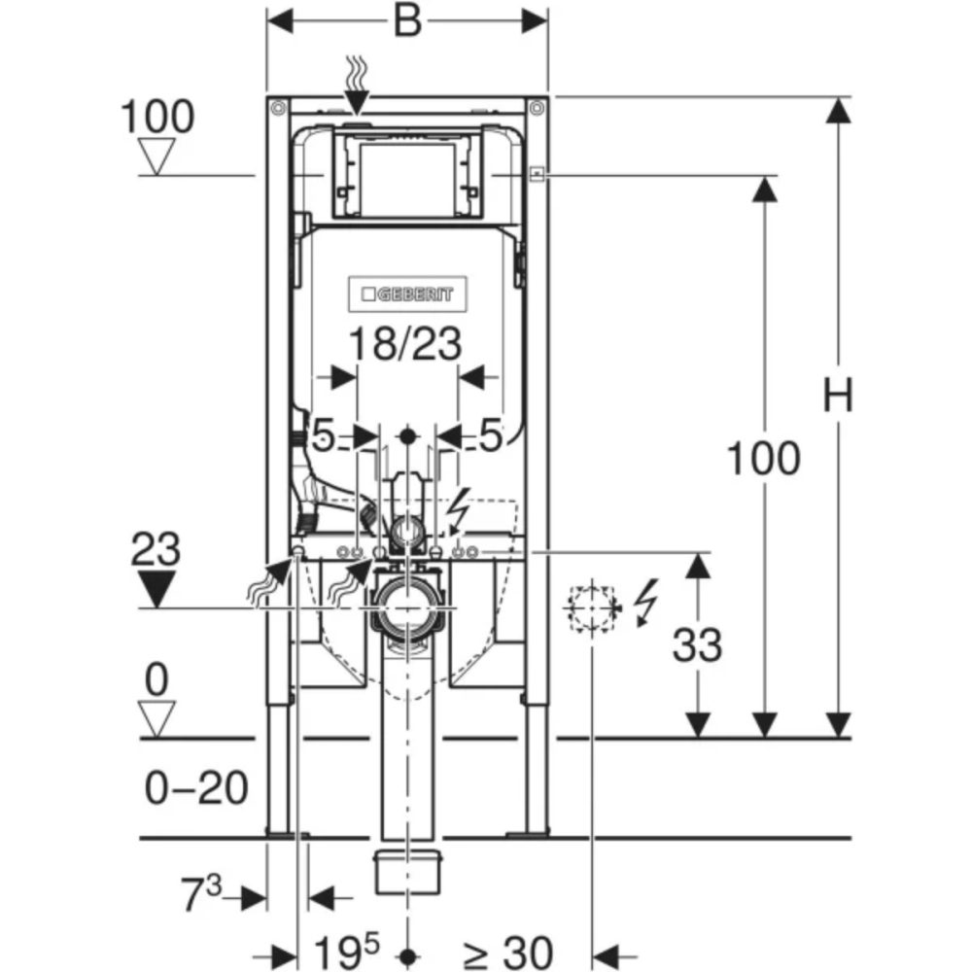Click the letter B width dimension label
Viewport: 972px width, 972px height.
407,21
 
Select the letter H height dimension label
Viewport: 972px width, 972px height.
838,397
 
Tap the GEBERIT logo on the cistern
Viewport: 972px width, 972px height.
407,293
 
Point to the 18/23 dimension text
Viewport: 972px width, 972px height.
406,345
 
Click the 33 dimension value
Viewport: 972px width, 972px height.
697,645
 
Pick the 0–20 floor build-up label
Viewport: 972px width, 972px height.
196,788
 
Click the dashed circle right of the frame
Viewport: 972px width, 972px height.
592,608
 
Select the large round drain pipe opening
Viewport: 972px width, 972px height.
407,610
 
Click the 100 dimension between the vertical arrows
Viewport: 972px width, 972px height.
764,459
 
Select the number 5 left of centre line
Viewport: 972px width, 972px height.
323,436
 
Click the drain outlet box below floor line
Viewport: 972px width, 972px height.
407,872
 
